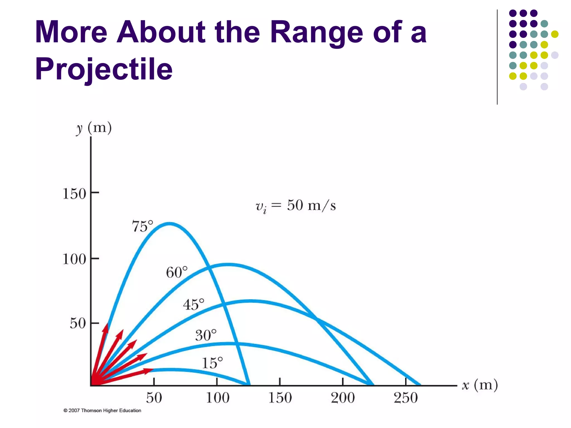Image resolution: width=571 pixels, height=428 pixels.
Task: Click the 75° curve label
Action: point(142,226)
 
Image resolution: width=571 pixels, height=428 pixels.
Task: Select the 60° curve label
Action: point(177,272)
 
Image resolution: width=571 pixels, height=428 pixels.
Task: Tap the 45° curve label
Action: point(193,304)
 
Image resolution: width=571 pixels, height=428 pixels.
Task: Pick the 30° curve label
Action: point(206,335)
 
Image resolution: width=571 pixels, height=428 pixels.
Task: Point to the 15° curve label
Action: point(212,363)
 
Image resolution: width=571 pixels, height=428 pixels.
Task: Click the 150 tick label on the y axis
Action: point(74,194)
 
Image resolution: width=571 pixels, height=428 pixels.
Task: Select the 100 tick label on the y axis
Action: point(74,259)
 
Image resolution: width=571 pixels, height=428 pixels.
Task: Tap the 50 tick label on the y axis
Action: point(78,324)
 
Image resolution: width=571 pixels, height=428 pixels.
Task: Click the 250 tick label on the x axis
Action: point(406,398)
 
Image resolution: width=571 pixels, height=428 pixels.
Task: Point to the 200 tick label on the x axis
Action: point(343,398)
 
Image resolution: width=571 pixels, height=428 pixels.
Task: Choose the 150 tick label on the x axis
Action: point(280,398)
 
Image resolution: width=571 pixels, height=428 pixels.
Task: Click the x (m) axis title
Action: point(480,385)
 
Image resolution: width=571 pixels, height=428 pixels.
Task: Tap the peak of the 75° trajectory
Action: point(170,223)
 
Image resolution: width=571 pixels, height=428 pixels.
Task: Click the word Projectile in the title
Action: point(104,69)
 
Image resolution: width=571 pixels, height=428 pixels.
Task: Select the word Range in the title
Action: point(317,32)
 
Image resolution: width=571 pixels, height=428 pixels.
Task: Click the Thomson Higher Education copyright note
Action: point(102,410)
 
